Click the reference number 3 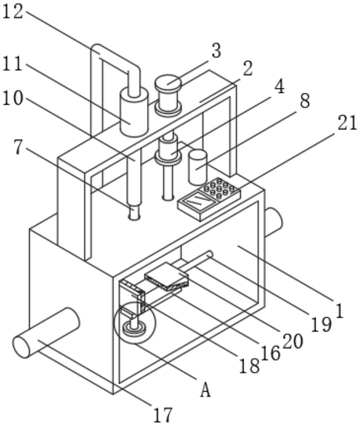(216, 51)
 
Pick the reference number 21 (347, 123)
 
